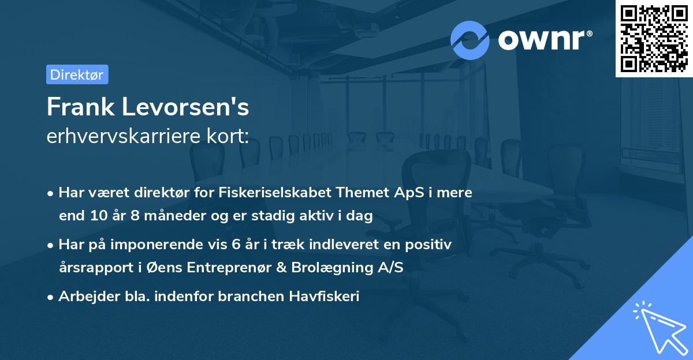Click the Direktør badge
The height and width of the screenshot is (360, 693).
point(77,74)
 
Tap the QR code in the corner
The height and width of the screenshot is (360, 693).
point(654,39)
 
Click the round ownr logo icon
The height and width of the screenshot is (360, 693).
point(470,40)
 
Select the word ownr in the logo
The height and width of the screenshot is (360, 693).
point(545,40)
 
